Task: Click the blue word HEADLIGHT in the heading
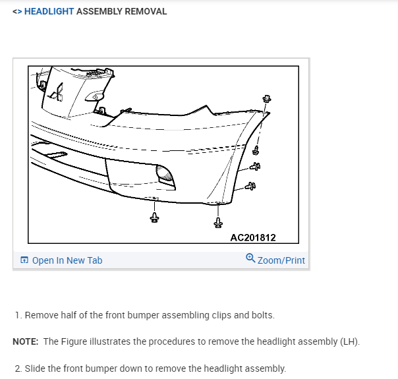49,11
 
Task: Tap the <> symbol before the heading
17,11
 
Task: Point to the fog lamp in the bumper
165,175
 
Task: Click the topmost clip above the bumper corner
267,100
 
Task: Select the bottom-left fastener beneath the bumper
154,217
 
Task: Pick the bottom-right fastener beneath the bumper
218,223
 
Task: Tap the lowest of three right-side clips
250,188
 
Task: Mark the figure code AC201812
253,237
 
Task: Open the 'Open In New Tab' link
67,260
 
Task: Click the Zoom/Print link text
281,260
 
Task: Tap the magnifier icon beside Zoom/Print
250,259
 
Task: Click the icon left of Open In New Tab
24,260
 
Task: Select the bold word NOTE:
26,341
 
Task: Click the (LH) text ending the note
351,341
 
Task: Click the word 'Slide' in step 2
36,368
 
